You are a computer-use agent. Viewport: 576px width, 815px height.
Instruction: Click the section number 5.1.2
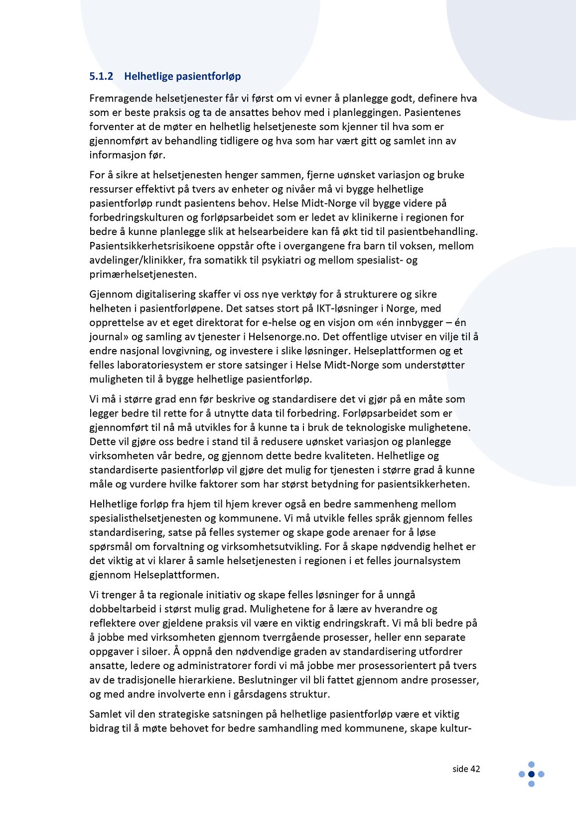[x=101, y=76]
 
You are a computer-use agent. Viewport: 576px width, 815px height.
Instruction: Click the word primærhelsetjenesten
[x=143, y=274]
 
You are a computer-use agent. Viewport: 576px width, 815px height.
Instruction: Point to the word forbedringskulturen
[x=137, y=218]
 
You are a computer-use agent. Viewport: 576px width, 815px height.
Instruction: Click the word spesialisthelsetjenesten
[x=145, y=518]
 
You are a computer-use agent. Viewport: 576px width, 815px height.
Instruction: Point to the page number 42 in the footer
[x=475, y=769]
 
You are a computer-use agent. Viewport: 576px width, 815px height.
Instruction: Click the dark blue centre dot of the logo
[x=531, y=774]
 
